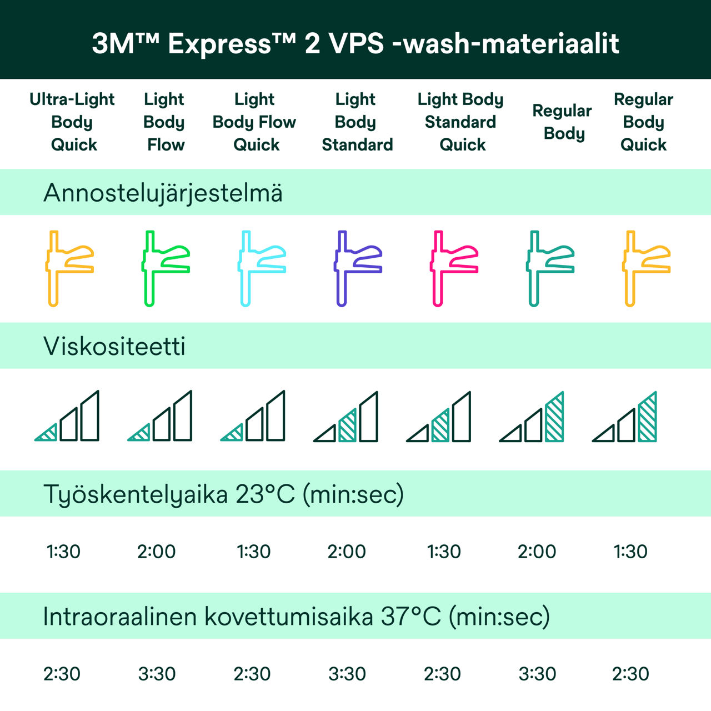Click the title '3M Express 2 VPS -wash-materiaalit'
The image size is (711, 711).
(355, 43)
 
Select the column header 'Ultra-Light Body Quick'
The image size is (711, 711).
(72, 122)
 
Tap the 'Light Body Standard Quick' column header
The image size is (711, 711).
(460, 122)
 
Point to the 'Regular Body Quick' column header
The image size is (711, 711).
(643, 122)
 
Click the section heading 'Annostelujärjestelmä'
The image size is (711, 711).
(163, 193)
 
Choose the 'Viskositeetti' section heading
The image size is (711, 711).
(114, 346)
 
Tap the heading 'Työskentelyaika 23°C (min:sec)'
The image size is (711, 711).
(223, 494)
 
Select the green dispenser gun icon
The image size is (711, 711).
(164, 268)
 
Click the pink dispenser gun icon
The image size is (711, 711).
(453, 268)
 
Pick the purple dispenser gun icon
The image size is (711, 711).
(357, 268)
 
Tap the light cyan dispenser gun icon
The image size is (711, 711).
(261, 268)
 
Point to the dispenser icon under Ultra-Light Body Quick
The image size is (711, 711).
(68, 268)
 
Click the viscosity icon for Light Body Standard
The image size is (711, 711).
(346, 417)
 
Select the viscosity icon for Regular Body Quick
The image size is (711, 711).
(625, 417)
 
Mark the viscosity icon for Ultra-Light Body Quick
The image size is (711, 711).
(67, 417)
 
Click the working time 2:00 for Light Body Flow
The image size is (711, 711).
(157, 552)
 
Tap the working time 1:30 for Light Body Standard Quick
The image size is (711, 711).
(444, 552)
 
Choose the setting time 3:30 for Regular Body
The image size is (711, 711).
(537, 674)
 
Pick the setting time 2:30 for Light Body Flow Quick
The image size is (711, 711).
(252, 674)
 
